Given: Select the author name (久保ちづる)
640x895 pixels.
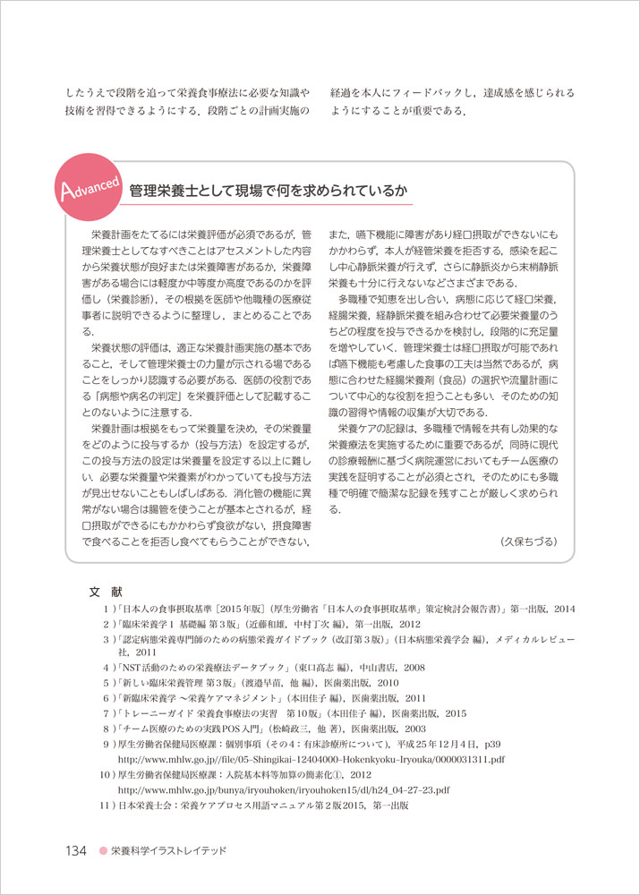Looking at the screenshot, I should pos(529,541).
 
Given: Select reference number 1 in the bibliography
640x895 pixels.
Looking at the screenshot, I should pos(107,609).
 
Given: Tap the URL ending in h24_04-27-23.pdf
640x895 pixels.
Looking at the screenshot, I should pos(284,790).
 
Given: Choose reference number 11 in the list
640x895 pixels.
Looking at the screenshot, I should pos(104,806).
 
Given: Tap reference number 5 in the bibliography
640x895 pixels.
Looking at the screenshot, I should pos(107,684).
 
